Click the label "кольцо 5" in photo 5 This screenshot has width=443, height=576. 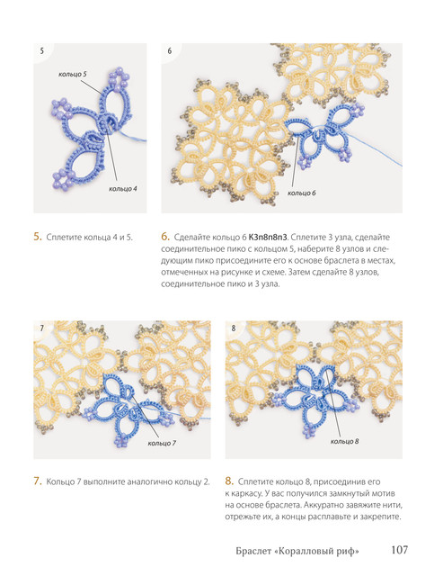click(x=73, y=74)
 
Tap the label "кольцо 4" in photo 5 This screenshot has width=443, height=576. click(x=123, y=189)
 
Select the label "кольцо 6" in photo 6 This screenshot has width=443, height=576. click(x=302, y=193)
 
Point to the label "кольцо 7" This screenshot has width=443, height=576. click(x=162, y=443)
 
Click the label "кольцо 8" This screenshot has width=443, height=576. click(x=345, y=441)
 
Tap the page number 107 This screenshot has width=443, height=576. click(x=399, y=550)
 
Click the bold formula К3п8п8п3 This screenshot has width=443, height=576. click(x=268, y=237)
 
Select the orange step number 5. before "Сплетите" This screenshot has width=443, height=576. click(x=38, y=237)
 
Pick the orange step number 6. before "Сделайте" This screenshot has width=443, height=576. click(x=165, y=237)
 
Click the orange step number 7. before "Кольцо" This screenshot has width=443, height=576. click(x=38, y=481)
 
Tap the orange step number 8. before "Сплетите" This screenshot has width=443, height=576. click(x=229, y=481)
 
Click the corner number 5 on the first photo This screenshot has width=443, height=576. click(x=42, y=50)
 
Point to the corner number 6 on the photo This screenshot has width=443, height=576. click(x=170, y=50)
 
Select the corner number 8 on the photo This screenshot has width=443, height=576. click(x=234, y=328)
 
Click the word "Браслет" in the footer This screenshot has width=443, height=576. click(x=253, y=551)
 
